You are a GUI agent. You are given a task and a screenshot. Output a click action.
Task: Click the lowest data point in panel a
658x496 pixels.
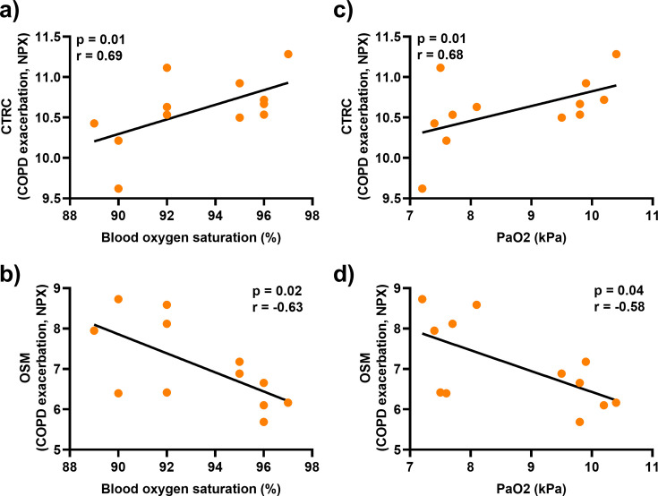click(x=118, y=189)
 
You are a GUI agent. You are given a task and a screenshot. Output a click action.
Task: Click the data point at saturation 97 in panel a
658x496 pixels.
click(x=288, y=55)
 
